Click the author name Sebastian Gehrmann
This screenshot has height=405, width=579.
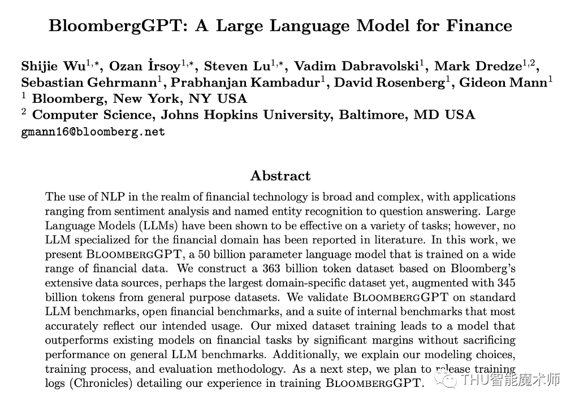click(x=89, y=82)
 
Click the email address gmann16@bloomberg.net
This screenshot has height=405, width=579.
click(x=93, y=132)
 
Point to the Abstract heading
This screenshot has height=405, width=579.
click(x=280, y=176)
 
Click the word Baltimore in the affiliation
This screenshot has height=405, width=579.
click(x=373, y=115)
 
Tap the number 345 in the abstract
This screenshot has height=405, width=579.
click(x=505, y=282)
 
